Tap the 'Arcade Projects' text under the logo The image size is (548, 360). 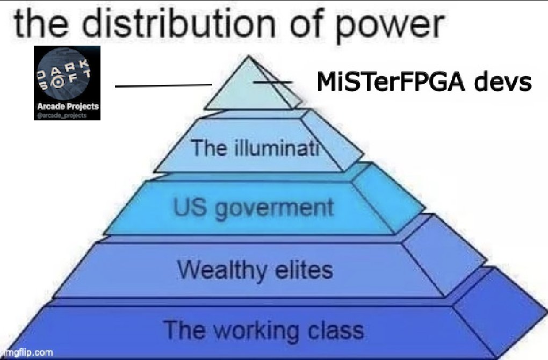[67, 106]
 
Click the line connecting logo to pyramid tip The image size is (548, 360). [164, 85]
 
